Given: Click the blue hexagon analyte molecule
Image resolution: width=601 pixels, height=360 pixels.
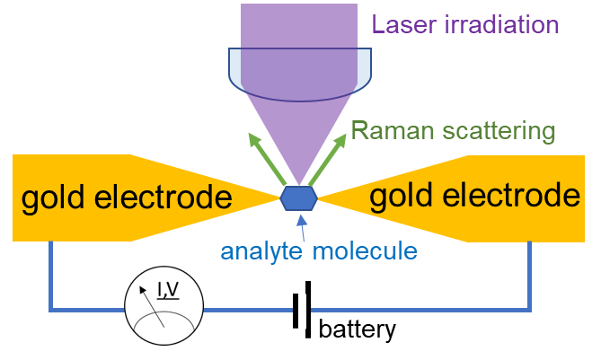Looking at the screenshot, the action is tap(298, 198).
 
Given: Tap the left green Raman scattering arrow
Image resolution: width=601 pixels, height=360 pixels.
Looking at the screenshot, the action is tap(267, 159).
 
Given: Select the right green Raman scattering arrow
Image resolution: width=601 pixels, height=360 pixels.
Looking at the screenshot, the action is tap(328, 159).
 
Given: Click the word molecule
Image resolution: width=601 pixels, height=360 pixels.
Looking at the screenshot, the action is tap(365, 251).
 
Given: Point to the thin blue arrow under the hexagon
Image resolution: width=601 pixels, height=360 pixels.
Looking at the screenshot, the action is tap(303, 228).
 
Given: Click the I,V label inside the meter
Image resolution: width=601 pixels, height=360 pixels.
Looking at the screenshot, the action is tap(168, 290).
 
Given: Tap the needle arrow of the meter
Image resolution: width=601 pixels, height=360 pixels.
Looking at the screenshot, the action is tap(152, 307).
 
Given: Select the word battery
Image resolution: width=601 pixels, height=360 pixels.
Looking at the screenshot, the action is tap(358, 329).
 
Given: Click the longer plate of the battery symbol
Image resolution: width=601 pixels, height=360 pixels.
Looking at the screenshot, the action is tap(308, 310).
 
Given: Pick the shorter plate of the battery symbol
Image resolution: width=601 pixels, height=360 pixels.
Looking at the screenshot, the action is tap(296, 311).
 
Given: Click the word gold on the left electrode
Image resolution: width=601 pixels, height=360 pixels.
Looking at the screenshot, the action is tap(52, 198).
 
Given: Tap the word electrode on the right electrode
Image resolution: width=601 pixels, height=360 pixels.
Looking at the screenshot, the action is tap(511, 196).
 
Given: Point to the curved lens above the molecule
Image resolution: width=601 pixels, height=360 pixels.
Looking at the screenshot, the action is tap(300, 75).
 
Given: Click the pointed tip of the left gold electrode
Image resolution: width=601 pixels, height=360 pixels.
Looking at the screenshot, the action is tap(279, 198).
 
